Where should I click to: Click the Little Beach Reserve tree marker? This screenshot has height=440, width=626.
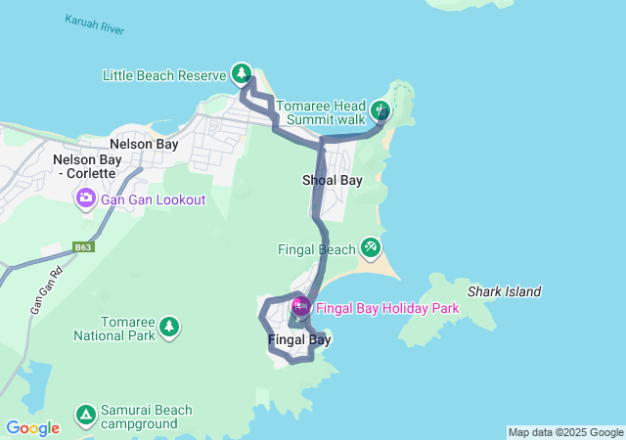pos(242,73)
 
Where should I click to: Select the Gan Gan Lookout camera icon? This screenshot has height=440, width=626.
pos(85,199)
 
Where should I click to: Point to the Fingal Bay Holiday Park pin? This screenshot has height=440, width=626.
pos(300,306)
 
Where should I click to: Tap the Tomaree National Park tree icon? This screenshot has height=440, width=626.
pos(169,326)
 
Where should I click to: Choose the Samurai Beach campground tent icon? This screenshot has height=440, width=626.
pos(85,415)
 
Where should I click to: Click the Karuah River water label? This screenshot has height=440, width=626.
pos(95,24)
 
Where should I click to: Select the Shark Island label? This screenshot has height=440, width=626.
pos(504,291)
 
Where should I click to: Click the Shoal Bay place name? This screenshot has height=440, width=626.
pos(333,180)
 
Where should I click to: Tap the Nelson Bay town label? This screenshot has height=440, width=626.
pos(144,144)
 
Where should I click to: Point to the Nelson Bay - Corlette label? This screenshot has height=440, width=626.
pos(84,166)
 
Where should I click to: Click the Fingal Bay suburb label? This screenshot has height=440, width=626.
pos(298,340)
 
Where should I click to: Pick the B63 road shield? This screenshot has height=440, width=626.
pos(83,248)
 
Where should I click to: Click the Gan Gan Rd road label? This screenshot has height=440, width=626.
pos(40,292)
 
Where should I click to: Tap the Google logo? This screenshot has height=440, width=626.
pos(32,428)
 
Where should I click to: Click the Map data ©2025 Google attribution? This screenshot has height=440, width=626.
pos(565,432)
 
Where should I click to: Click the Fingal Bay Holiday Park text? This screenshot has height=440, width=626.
pos(387,307)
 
